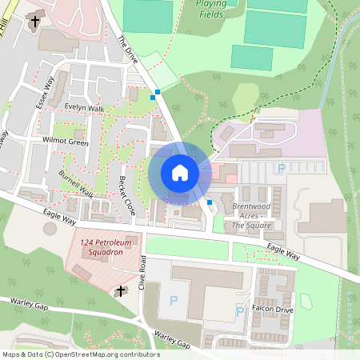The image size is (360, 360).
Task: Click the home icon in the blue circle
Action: pyautogui.click(x=179, y=173)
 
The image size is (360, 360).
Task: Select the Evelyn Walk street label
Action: pyautogui.click(x=85, y=109)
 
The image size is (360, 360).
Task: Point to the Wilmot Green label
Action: pyautogui.click(x=66, y=141)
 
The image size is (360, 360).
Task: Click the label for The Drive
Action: pyautogui.click(x=128, y=50)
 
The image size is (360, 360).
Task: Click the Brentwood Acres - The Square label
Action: pyautogui.click(x=252, y=215)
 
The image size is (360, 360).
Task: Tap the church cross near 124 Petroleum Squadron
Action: pyautogui.click(x=121, y=292)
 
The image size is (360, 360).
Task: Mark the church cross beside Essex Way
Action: pyautogui.click(x=34, y=22)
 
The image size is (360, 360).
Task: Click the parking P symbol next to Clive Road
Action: pyautogui.click(x=173, y=301)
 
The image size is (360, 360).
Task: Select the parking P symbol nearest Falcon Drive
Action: pyautogui.click(x=239, y=311)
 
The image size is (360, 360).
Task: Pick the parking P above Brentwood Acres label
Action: pyautogui.click(x=280, y=169)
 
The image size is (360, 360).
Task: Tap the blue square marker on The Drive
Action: pyautogui.click(x=157, y=93)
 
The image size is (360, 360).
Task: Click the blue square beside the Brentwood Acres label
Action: pyautogui.click(x=210, y=202)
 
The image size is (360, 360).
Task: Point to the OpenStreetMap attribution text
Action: pyautogui.click(x=81, y=354)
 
